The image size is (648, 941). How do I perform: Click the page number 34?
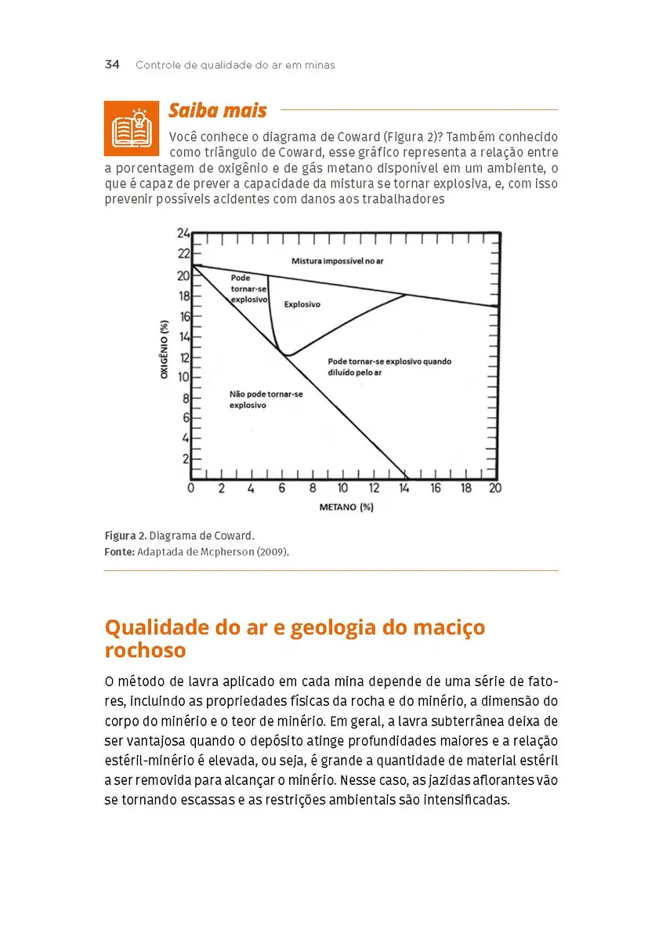111,65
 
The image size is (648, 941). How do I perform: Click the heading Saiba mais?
218,111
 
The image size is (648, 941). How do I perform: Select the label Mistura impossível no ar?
337,260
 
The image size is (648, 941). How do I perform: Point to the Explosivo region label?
302,304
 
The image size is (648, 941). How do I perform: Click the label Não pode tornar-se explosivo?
265,400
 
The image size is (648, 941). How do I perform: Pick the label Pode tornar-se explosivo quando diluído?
389,367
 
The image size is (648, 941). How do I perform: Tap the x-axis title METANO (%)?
346,507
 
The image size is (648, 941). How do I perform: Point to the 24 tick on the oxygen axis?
183,233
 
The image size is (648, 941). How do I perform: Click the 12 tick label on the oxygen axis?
183,357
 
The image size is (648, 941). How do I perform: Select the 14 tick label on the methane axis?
405,489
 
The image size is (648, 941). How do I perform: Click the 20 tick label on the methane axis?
495,489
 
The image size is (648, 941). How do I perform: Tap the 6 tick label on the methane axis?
282,489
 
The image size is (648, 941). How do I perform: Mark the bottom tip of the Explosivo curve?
287,355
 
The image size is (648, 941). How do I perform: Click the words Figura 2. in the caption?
125,536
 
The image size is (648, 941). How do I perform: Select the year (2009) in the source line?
274,552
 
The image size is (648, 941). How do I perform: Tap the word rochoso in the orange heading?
145,651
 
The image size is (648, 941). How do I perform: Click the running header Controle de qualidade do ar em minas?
235,65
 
